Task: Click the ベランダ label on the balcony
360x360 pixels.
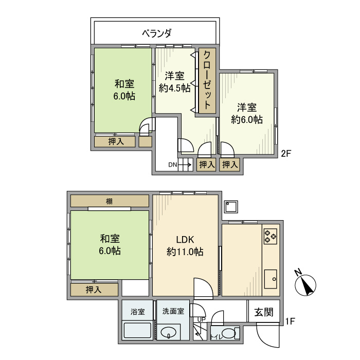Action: (157, 33)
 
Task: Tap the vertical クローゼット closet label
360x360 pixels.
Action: (207, 81)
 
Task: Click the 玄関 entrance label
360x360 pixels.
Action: (264, 312)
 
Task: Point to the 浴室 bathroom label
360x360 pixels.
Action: (137, 312)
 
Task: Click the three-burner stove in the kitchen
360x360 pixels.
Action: (271, 236)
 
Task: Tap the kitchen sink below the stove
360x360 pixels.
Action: (271, 280)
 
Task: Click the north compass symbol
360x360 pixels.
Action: (307, 284)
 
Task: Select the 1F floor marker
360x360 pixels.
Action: (290, 322)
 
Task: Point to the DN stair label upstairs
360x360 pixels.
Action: (173, 165)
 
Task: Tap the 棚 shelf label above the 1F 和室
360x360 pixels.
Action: (110, 201)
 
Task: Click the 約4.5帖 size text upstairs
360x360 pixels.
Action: (175, 88)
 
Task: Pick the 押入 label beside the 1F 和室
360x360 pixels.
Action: (94, 290)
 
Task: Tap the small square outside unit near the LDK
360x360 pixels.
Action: (231, 207)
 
